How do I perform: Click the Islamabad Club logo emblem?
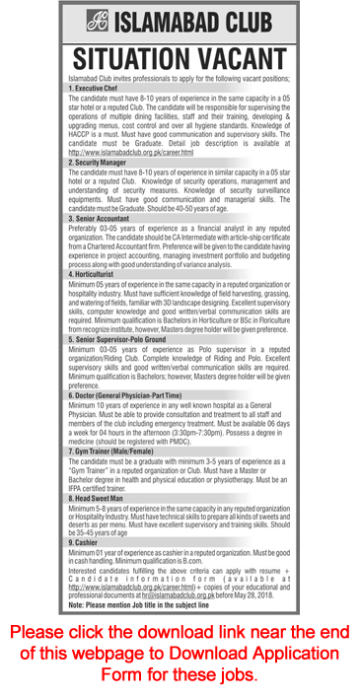[x=98, y=19]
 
